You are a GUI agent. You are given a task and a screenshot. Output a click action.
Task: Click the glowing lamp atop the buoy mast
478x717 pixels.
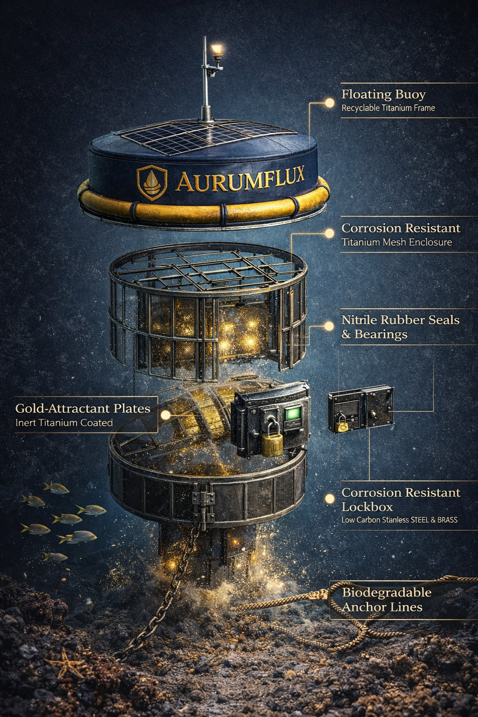click(x=216, y=49)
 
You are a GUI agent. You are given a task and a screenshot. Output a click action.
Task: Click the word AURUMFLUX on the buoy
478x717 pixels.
click(x=240, y=179)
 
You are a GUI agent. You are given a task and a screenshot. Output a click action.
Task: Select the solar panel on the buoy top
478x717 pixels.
click(x=205, y=135)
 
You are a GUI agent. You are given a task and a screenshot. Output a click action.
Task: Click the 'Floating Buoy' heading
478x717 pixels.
click(x=383, y=94)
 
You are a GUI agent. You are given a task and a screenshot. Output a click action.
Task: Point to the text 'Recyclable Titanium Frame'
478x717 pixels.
click(x=388, y=108)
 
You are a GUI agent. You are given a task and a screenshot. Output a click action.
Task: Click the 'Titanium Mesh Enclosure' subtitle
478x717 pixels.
click(x=396, y=242)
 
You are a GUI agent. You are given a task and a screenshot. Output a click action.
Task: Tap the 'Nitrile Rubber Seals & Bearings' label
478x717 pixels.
click(x=400, y=327)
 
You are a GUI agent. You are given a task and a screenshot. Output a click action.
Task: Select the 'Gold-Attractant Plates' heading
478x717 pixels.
click(x=83, y=408)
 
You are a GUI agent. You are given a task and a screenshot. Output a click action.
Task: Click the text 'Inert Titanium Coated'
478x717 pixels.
click(x=64, y=423)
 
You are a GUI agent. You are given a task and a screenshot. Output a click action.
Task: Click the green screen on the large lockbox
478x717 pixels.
click(x=293, y=414)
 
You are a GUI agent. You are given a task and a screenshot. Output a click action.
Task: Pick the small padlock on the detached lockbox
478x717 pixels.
click(x=342, y=425)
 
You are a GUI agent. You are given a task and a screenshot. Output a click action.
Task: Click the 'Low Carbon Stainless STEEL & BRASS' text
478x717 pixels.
click(x=399, y=520)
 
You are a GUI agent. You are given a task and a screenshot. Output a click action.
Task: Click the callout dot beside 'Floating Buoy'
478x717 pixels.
click(x=330, y=103)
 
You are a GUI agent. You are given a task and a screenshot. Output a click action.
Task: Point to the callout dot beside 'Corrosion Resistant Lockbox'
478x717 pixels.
click(x=330, y=498)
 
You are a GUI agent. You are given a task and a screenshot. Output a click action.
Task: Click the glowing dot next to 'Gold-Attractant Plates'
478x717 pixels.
click(x=165, y=415)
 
